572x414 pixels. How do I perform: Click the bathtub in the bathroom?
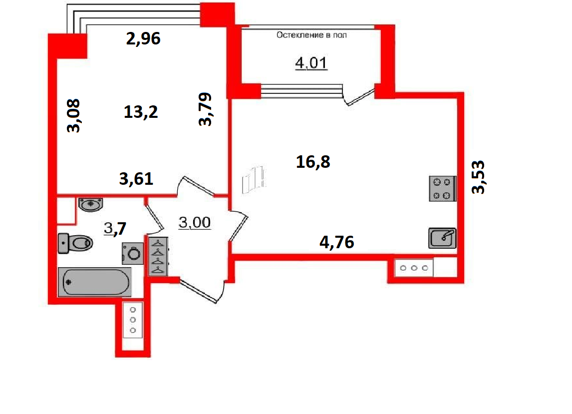[x=94, y=282]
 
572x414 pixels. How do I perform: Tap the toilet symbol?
[x=75, y=243]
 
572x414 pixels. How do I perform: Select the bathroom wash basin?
[x=90, y=204]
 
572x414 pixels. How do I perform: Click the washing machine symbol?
[x=133, y=253]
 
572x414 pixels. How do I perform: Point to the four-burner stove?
[x=442, y=189]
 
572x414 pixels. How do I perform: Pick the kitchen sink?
[x=442, y=238]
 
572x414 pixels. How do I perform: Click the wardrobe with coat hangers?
[x=158, y=256]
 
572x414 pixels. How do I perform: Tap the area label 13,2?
[x=141, y=112]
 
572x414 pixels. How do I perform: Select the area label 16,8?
[x=313, y=162]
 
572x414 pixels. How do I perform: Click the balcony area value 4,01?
[x=311, y=63]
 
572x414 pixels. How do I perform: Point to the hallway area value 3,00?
[x=195, y=222]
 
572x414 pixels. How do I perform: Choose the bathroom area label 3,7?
[x=115, y=229]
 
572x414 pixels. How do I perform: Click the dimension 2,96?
[x=143, y=38]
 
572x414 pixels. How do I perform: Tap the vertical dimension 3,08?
[x=73, y=115]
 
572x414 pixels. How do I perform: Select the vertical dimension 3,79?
[x=205, y=109]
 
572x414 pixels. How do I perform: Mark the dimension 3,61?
[x=136, y=178]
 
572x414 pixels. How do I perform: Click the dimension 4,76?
[x=337, y=242]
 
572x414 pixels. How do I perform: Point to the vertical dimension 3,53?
[x=478, y=177]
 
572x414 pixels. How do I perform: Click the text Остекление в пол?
[x=311, y=35]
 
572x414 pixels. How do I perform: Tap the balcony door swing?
[x=359, y=96]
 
